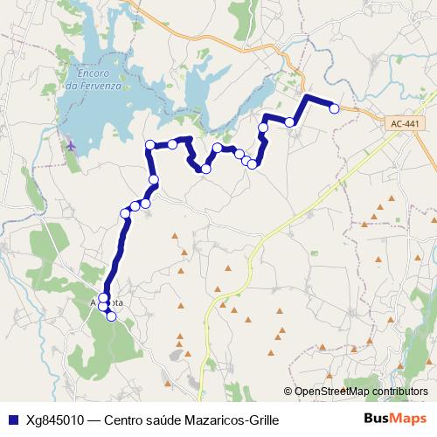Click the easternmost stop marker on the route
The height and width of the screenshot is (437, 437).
[x=333, y=108]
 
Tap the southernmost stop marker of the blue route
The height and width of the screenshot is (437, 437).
[x=111, y=316]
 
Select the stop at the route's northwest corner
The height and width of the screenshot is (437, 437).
[x=150, y=144]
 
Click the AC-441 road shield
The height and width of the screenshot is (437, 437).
[x=404, y=124]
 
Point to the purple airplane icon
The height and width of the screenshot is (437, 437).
[x=70, y=144]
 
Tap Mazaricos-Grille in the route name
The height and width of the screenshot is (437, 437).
[x=235, y=420]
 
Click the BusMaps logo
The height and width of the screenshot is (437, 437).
[x=394, y=420]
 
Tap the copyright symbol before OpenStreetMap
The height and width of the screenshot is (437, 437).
[x=288, y=391]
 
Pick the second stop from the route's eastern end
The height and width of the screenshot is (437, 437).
[x=289, y=121]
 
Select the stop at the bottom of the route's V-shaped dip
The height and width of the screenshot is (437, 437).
[x=206, y=168]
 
